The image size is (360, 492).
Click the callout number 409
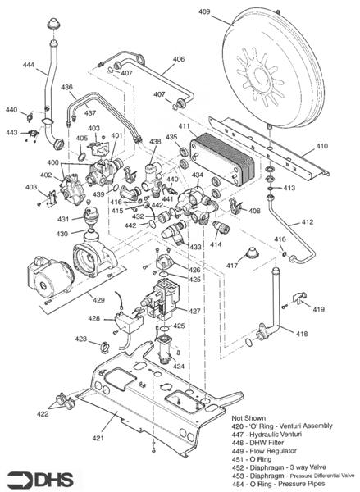tap(204, 12)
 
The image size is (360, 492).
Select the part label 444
tap(29, 64)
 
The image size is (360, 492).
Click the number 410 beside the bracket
tap(321, 146)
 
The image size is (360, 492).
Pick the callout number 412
tap(306, 222)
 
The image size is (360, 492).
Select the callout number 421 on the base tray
tap(98, 440)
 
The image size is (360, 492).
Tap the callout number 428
tap(94, 318)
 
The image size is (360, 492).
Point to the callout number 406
tap(178, 59)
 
